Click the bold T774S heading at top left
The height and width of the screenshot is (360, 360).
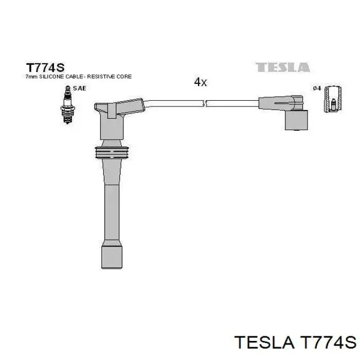click(x=45, y=67)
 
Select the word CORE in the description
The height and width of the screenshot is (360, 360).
click(x=124, y=77)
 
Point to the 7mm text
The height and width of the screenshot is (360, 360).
click(x=31, y=77)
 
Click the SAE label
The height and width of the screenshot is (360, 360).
click(x=79, y=88)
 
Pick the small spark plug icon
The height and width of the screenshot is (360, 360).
click(x=67, y=105)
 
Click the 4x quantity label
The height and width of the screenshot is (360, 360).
click(x=200, y=82)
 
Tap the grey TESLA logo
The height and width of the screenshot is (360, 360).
click(x=283, y=67)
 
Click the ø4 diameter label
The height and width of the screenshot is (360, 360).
click(x=317, y=88)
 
